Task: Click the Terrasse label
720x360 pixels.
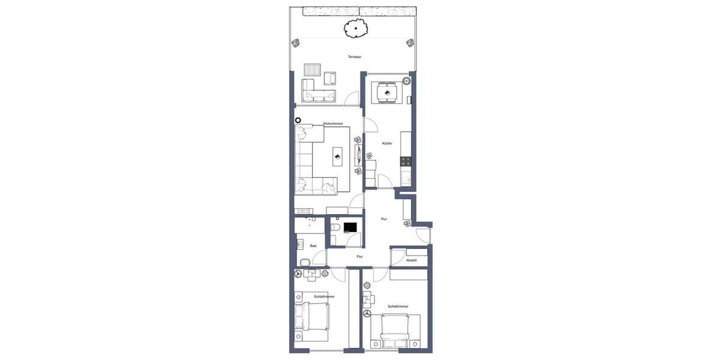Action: pos(355,57)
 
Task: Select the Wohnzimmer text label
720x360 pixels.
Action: pos(333,124)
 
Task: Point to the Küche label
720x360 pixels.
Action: pos(387,143)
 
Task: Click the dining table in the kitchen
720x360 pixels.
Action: pos(385,92)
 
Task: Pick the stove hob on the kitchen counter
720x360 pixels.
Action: pos(406,161)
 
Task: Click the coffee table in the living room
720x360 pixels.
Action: pos(338,157)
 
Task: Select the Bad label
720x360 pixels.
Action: pos(313,245)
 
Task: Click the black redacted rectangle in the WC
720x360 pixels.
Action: pos(350,227)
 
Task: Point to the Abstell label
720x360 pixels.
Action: pos(412,260)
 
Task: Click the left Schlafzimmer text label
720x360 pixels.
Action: pos(324,296)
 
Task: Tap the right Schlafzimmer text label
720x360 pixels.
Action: pos(398,307)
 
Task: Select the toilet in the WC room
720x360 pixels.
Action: pos(335,227)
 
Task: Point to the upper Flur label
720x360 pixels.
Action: pos(383,219)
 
